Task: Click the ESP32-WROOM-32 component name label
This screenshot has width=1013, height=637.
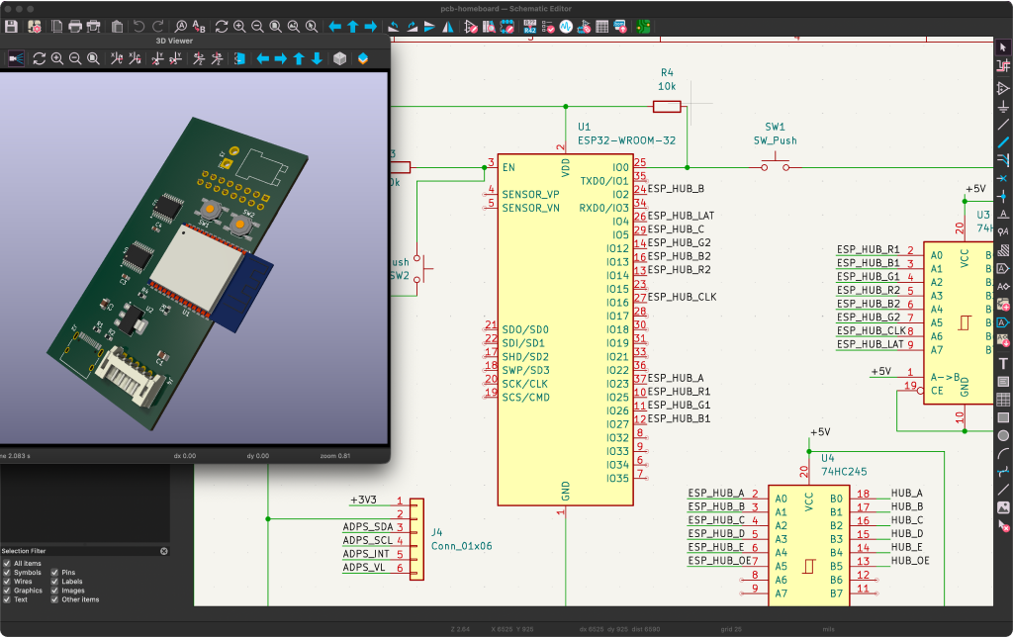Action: point(626,140)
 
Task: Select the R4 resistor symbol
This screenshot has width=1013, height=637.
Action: point(667,106)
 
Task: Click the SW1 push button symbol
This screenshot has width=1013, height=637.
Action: point(775,166)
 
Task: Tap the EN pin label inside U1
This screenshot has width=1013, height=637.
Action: point(508,168)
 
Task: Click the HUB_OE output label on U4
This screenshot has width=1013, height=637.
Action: point(910,561)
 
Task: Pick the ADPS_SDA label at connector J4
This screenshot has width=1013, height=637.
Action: point(367,527)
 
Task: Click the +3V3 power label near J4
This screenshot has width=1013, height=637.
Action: point(365,500)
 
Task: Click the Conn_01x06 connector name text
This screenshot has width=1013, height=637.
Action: point(461,545)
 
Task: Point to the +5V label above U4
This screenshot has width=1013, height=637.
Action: point(820,433)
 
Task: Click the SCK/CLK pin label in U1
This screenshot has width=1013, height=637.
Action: point(524,384)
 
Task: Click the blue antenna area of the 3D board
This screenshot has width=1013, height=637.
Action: point(243,290)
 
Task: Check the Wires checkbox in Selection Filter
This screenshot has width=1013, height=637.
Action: point(7,582)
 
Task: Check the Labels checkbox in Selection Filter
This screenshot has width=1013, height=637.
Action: point(55,582)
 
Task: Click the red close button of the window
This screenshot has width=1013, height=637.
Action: point(8,7)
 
